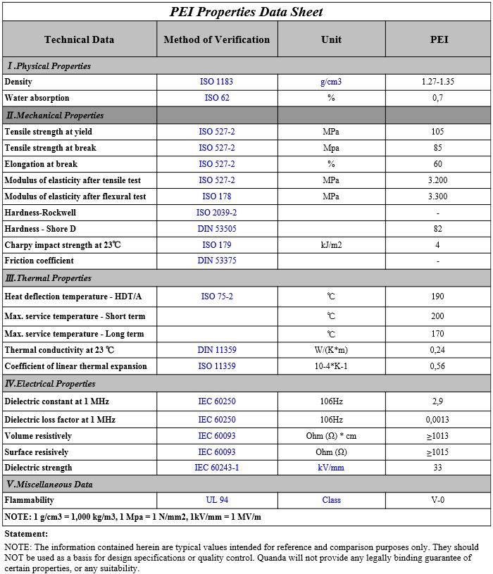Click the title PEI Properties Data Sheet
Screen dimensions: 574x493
[246, 12]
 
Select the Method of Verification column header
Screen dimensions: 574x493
[217, 39]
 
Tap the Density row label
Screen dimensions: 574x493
[18, 82]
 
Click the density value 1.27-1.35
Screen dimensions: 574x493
[438, 82]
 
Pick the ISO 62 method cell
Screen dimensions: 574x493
[217, 98]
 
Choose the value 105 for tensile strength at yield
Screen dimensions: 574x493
[438, 132]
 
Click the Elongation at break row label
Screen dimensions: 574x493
[41, 164]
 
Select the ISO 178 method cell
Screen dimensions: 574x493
[217, 196]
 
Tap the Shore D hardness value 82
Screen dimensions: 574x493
[438, 229]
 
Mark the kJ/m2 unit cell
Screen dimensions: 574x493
[331, 245]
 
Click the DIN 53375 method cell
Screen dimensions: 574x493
[217, 261]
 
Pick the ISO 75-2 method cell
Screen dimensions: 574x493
[217, 297]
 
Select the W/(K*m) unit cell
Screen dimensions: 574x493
[331, 350]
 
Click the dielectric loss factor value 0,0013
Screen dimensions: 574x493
[438, 420]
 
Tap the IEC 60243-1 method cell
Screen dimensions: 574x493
[217, 468]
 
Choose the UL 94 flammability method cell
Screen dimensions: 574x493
[217, 500]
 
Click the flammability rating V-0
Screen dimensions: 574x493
[438, 500]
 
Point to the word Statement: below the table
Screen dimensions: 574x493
[26, 534]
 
